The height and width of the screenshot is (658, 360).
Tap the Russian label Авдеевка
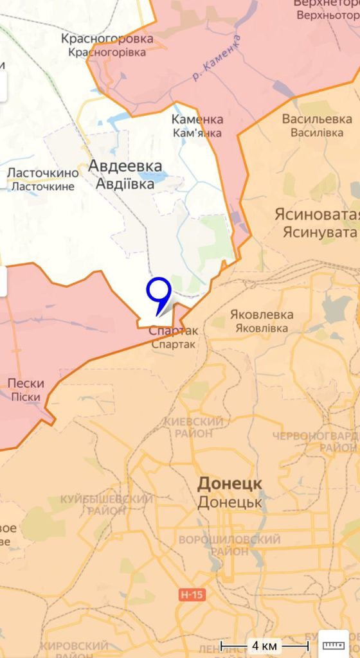point(125,166)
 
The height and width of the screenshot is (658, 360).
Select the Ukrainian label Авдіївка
point(125,184)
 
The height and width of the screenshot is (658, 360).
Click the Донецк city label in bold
point(230,483)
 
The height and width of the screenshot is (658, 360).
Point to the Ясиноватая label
point(316,213)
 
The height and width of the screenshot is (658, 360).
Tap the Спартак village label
point(173,331)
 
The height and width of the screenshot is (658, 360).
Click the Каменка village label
point(197,120)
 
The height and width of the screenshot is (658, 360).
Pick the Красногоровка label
point(107,39)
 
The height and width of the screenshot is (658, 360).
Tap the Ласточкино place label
point(43,172)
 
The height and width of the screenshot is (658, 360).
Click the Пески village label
point(26,384)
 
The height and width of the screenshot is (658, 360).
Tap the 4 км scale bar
point(264,645)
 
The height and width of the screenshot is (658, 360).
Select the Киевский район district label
point(194,427)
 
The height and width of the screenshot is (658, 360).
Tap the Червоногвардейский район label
point(315,441)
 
